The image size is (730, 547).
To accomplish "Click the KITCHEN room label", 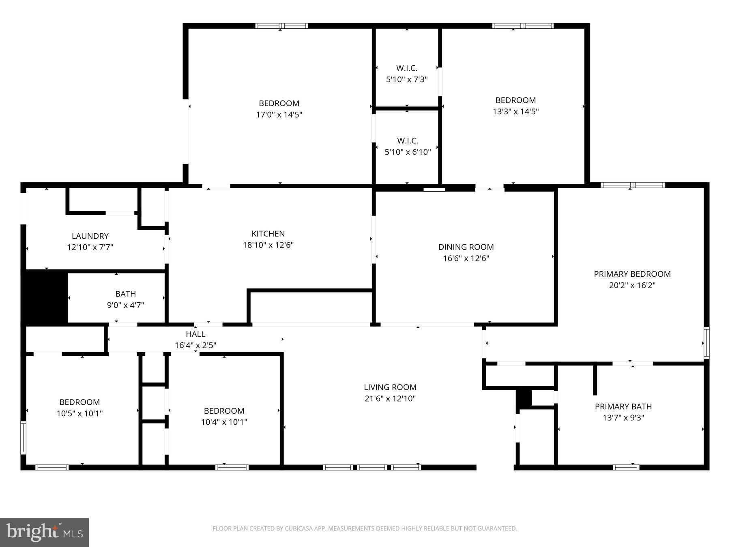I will coord(268,234).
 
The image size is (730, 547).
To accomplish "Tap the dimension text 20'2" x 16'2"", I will coord(632,285).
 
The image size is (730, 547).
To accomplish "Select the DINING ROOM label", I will coord(466,247).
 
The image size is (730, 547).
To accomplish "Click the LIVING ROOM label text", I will coord(390,387).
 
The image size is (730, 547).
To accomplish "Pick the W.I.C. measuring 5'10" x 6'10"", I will coord(407,146).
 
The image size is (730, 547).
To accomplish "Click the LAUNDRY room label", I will coord(90,236).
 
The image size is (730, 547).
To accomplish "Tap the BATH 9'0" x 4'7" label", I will coord(125,299).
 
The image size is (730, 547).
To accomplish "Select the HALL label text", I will coord(195,334).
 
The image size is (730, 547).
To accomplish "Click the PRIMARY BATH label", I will coord(623,406).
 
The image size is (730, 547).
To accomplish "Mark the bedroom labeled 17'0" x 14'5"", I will coord(279,109).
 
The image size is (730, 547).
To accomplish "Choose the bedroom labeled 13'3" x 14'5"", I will coord(515,106).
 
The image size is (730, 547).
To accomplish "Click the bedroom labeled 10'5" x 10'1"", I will coord(79,408).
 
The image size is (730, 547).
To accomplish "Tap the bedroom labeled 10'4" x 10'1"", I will coord(224,416).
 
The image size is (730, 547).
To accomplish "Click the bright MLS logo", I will coord(44,532).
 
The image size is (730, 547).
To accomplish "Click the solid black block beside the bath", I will coord(44,297).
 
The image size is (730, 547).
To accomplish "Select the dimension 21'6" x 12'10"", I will coord(390,399).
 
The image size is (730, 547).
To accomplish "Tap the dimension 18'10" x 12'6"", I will coord(268,245).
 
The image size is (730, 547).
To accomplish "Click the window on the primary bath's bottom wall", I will coord(626,467).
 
